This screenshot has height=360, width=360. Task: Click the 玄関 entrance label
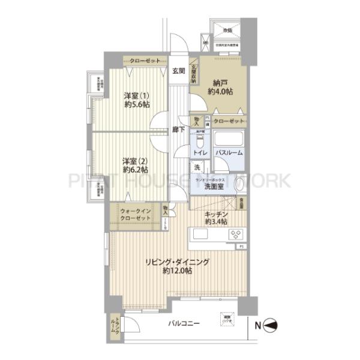[x=179, y=71]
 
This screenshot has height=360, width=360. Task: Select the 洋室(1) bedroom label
[x=136, y=96]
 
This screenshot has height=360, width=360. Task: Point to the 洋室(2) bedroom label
[x=136, y=161]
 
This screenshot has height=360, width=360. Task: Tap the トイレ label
[x=200, y=153]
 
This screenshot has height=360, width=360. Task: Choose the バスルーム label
[x=229, y=153]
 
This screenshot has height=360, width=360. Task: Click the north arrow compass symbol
[x=271, y=326]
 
